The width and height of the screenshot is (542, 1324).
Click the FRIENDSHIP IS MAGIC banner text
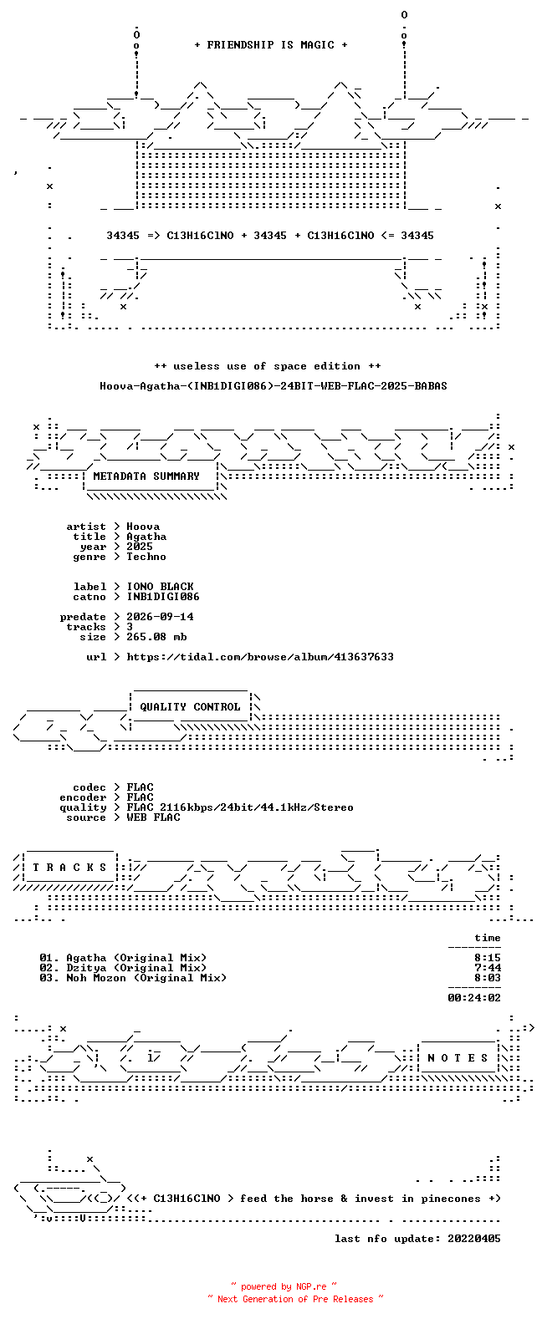(271, 45)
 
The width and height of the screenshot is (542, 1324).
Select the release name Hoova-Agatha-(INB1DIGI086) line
(274, 386)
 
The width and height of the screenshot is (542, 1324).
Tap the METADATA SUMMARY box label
(146, 476)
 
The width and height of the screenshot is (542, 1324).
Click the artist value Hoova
(143, 527)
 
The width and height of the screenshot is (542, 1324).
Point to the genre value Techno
(146, 557)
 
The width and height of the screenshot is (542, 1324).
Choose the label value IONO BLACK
(161, 587)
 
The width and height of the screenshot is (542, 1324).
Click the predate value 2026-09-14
(161, 617)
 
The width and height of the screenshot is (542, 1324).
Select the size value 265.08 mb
(156, 637)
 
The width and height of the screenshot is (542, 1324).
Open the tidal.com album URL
(260, 657)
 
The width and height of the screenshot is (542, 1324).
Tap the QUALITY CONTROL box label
(190, 707)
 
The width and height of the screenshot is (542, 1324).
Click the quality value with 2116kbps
(240, 807)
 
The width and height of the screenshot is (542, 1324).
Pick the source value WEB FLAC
(153, 817)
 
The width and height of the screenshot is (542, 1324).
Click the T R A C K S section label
(69, 867)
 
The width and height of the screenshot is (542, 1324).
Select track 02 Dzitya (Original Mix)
(123, 968)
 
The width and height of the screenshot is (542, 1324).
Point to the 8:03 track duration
(488, 978)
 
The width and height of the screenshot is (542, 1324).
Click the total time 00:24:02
(474, 998)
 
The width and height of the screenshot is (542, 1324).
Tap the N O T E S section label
(458, 1058)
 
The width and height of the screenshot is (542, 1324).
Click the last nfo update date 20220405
(474, 1238)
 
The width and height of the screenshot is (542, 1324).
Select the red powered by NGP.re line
(284, 1286)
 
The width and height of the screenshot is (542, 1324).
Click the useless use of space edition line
(268, 366)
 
